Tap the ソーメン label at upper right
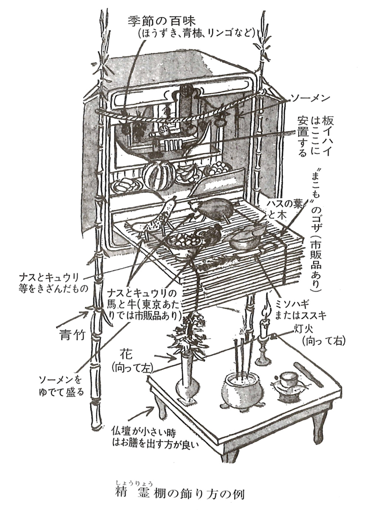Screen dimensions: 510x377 (x=309, y=98)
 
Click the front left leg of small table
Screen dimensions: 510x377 (x=164, y=416)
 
